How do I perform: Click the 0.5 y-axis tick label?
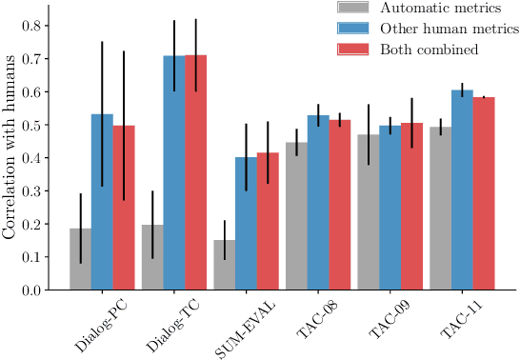click(32, 125)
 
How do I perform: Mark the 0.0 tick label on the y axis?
click(32, 290)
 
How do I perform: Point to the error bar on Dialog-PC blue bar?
click(102, 114)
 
